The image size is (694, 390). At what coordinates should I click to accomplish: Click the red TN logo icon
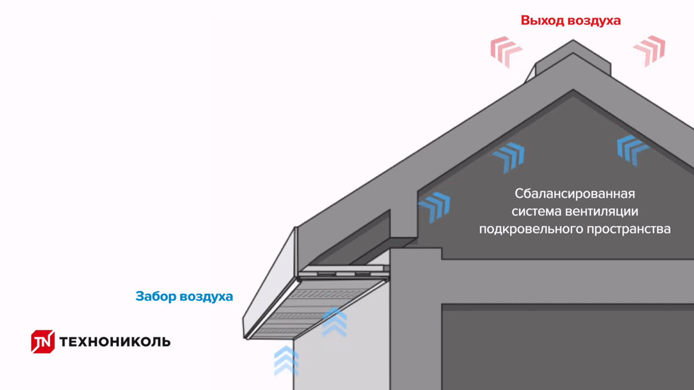pyautogui.click(x=42, y=341)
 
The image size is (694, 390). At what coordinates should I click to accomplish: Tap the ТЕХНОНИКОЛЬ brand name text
pyautogui.click(x=115, y=341)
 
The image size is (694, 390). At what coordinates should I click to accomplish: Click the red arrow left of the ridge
pyautogui.click(x=507, y=51)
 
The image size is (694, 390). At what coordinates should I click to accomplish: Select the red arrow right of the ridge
pyautogui.click(x=649, y=50)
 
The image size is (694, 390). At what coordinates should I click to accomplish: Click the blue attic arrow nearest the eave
pyautogui.click(x=434, y=206)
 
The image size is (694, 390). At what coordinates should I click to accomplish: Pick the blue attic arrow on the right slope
pyautogui.click(x=632, y=150)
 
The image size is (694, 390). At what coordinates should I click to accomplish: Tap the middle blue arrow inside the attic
pyautogui.click(x=508, y=156)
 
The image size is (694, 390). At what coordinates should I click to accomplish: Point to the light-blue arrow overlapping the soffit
pyautogui.click(x=334, y=322)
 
